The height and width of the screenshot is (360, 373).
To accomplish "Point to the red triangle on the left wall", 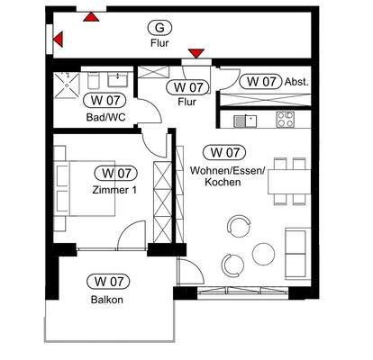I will [x=58, y=39].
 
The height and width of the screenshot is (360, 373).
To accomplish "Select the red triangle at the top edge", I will [x=90, y=14].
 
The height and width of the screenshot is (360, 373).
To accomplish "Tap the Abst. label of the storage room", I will [x=297, y=81].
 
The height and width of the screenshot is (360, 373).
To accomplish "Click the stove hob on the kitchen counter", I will [x=285, y=119].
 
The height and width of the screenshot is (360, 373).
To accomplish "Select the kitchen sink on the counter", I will [x=241, y=120].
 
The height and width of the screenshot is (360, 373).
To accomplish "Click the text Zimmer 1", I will [x=114, y=189].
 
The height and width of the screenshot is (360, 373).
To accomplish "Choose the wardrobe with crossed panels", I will [x=162, y=193].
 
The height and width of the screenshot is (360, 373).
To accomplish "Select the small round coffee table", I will [x=263, y=253].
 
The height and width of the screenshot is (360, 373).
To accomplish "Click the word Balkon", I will [x=106, y=300].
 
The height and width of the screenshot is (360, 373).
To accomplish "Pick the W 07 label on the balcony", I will [x=106, y=283].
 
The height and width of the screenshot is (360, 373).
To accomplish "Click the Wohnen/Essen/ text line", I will [x=227, y=170].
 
